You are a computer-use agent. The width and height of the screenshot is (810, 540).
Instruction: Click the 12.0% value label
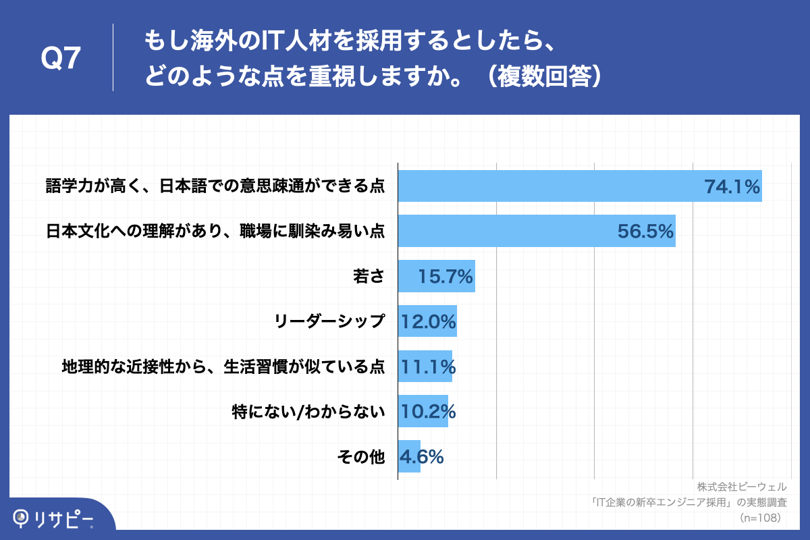click(x=429, y=321)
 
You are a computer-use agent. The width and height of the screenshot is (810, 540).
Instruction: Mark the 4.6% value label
click(x=422, y=456)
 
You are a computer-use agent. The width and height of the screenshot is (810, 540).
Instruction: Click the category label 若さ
click(x=369, y=277)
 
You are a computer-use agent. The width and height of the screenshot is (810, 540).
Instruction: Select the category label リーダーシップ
click(x=330, y=321)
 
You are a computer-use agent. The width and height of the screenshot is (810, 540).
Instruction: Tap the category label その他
click(x=360, y=457)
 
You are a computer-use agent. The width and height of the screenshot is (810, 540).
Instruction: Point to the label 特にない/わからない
click(x=308, y=412)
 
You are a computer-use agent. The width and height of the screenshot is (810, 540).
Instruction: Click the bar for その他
click(x=409, y=456)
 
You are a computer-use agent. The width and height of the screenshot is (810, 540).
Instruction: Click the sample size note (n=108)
click(x=760, y=518)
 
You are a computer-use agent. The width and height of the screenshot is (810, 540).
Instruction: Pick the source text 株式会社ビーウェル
click(x=742, y=487)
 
